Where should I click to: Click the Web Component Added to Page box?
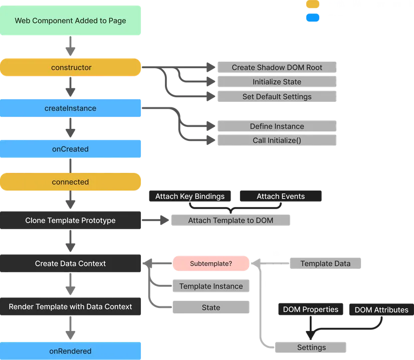[70, 21]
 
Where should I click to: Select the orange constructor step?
[71, 67]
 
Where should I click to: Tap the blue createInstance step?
[71, 108]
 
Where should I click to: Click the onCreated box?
[71, 149]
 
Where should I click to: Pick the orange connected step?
[71, 182]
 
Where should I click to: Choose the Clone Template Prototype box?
[71, 221]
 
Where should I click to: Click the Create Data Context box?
[71, 263]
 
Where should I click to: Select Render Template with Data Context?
[71, 306]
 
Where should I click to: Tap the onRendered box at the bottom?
[71, 351]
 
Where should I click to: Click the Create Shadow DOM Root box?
[277, 67]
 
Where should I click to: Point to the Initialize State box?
[277, 82]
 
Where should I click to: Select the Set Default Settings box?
[277, 97]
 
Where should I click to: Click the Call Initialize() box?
[277, 140]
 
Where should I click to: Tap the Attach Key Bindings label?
[190, 196]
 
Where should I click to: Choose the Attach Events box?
[281, 196]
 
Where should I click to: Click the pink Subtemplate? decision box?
[211, 263]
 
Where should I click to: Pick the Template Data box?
[325, 263]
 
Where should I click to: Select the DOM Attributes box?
[381, 310]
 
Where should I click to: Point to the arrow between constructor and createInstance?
[71, 88]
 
